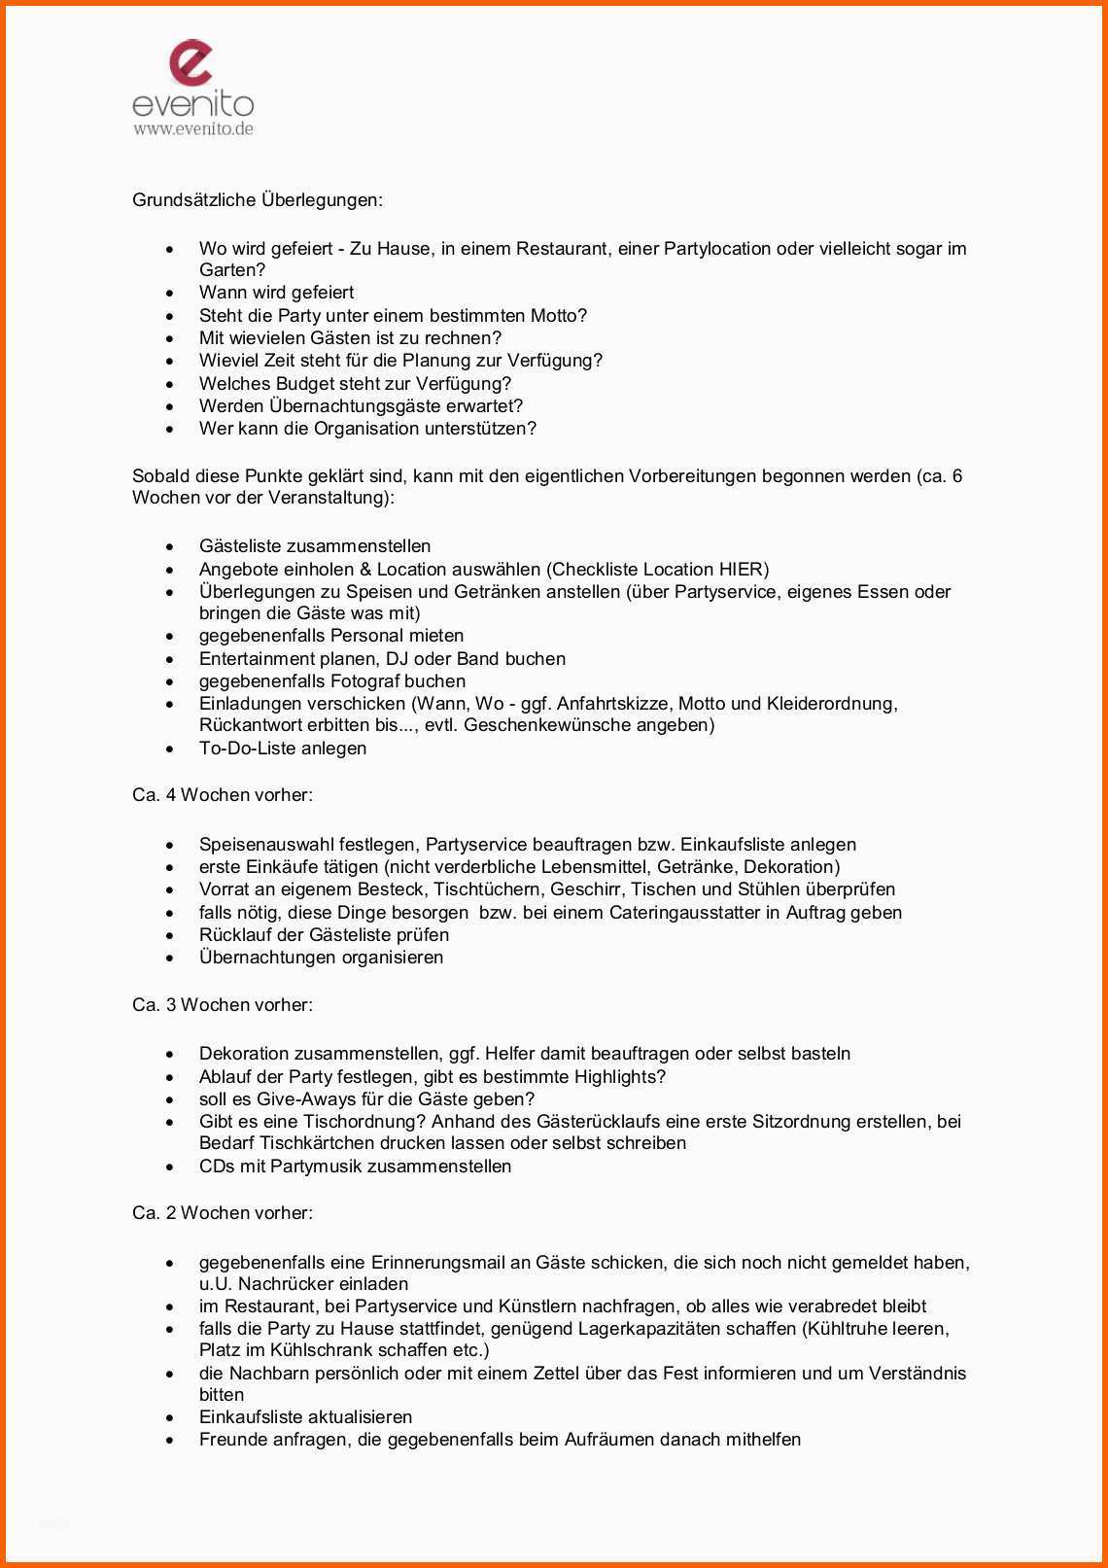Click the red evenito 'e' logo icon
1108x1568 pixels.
click(190, 63)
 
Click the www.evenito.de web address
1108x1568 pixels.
click(193, 128)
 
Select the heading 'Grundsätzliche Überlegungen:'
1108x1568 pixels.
click(258, 200)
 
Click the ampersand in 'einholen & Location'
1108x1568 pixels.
click(365, 570)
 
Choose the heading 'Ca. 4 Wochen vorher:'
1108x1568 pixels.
click(223, 795)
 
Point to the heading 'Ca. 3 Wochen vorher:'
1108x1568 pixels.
click(223, 1005)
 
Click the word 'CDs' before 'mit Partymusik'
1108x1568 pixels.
click(217, 1167)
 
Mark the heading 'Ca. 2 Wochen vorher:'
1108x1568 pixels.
click(223, 1213)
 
